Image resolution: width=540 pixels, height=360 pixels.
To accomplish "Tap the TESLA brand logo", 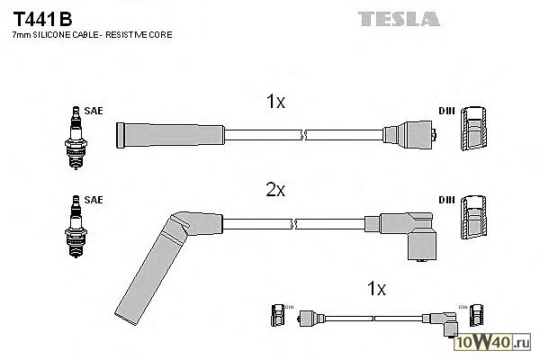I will [x=399, y=18].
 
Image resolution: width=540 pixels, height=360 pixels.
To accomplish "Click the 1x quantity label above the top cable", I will [x=276, y=103].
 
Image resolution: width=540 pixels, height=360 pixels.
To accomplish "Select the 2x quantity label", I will [x=276, y=190].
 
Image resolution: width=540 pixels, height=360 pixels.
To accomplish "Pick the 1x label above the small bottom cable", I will [x=376, y=289].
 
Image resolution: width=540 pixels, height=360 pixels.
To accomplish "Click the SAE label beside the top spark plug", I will [x=94, y=111].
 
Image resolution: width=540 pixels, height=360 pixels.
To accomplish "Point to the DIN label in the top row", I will [x=445, y=111].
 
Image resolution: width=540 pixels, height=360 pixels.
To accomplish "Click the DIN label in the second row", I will [x=445, y=199].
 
